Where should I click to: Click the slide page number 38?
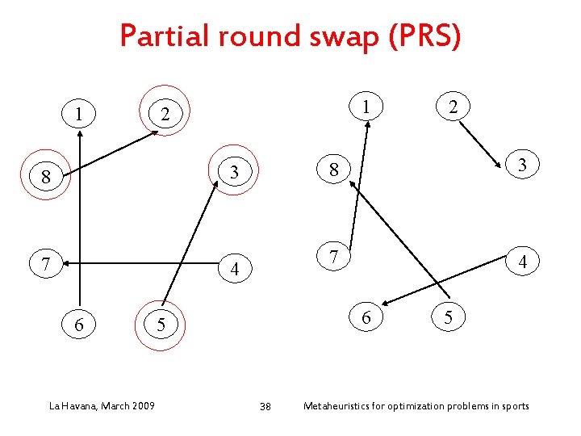(265, 405)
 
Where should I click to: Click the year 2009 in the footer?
(142, 405)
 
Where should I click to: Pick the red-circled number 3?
(234, 171)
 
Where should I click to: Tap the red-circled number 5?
(161, 325)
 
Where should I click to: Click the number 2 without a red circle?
(454, 106)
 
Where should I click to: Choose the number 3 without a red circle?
(523, 165)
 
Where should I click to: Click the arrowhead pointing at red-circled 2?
(155, 132)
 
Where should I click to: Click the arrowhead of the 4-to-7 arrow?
(65, 262)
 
